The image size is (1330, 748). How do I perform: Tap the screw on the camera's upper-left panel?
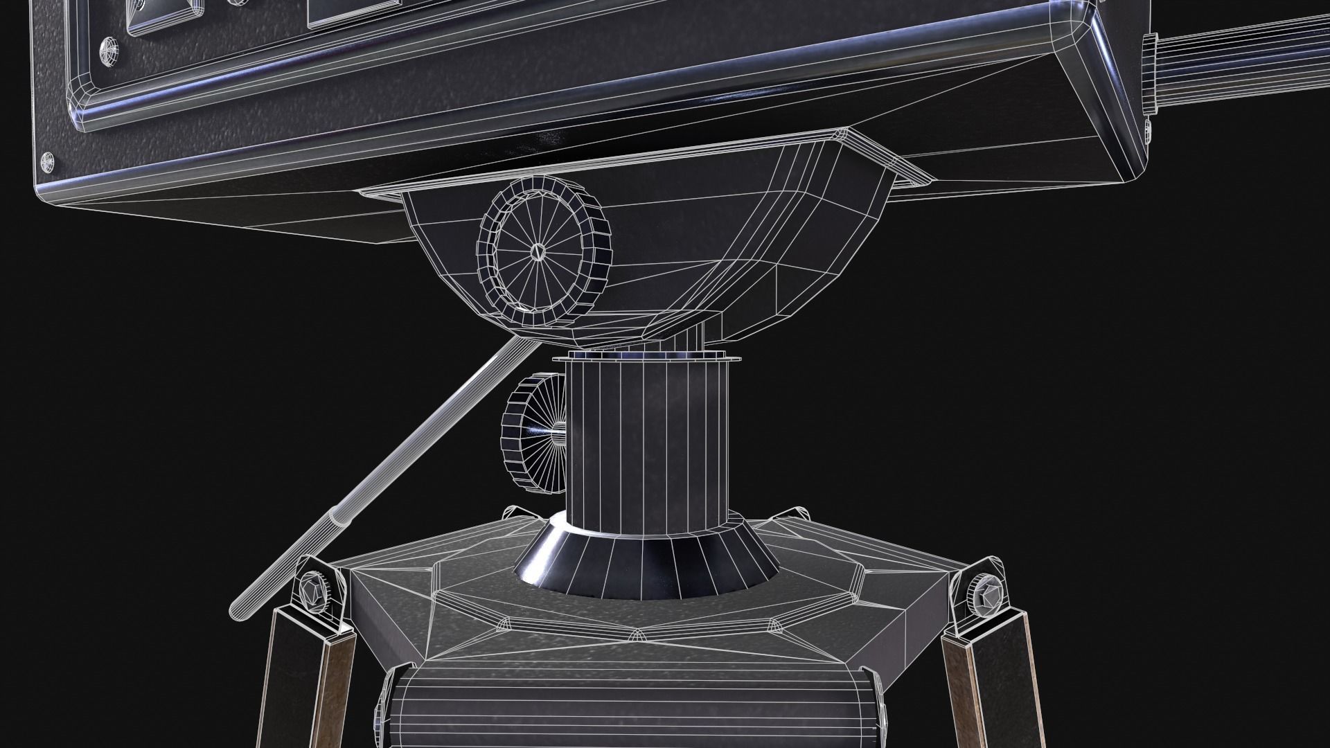(109, 50)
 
